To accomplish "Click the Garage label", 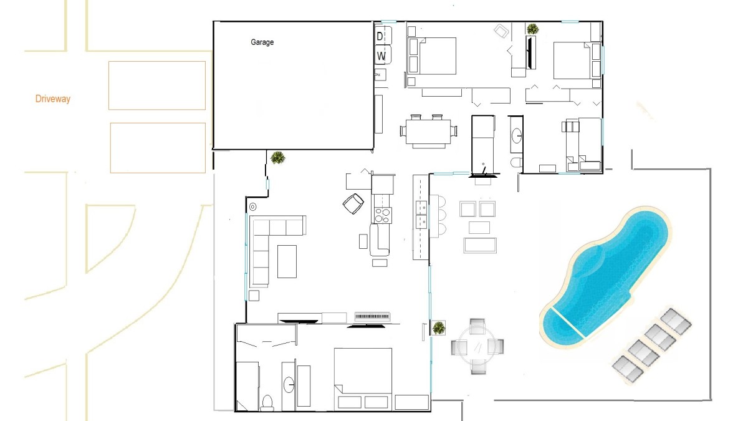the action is tap(262, 42).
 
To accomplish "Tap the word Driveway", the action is tap(53, 99).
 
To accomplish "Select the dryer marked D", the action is tap(383, 36).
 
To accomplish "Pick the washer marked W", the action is tap(383, 56).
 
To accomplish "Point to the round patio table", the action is tap(477, 347).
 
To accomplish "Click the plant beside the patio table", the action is tap(438, 328).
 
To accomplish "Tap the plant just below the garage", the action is tap(277, 157).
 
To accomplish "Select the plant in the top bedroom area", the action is tap(532, 29).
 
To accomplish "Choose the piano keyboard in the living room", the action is tap(372, 316).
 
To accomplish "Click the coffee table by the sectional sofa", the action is tap(287, 261).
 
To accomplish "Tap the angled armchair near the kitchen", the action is tap(353, 203).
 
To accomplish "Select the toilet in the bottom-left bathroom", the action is tap(267, 403).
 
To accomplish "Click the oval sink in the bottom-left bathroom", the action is tap(289, 385).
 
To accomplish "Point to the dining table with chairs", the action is tap(428, 132).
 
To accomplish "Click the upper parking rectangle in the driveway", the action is tap(157, 85).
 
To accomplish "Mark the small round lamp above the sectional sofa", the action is tap(253, 207).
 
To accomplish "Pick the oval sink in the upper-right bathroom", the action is tap(517, 136).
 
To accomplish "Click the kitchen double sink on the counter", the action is tap(421, 215).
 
